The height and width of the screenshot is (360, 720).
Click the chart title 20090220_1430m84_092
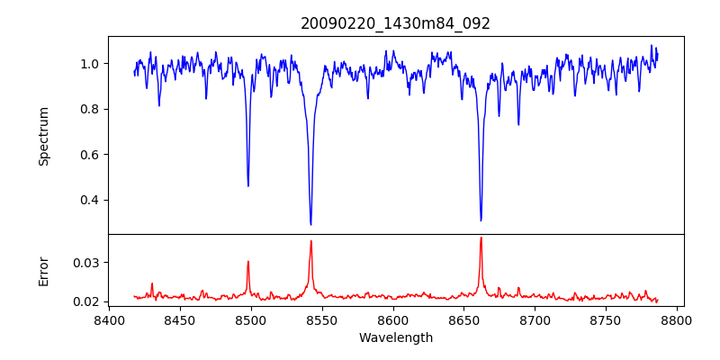tap(395, 23)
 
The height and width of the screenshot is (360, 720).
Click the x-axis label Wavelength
tap(395, 337)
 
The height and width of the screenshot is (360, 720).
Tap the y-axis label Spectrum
tap(43, 136)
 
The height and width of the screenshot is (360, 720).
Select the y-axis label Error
tap(43, 270)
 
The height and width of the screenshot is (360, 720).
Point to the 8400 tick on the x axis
tap(109, 319)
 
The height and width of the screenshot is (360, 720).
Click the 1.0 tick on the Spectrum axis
tap(91, 64)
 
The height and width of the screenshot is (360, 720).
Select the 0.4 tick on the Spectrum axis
tap(91, 200)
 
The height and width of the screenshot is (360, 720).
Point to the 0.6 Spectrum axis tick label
tap(91, 155)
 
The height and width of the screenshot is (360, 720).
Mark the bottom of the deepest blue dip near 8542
tap(310, 224)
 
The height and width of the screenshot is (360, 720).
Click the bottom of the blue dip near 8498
tap(248, 186)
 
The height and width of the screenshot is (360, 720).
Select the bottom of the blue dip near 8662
tap(481, 220)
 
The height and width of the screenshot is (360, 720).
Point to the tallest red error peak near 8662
tap(481, 238)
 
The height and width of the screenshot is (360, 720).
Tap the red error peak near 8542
tap(310, 240)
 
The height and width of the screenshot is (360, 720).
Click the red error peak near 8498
tap(248, 261)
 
